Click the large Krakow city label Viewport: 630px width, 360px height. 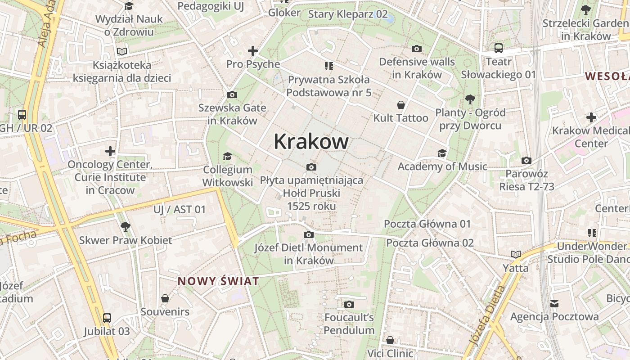pyautogui.click(x=311, y=142)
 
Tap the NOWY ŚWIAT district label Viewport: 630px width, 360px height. pyautogui.click(x=218, y=282)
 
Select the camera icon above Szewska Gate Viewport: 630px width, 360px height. pyautogui.click(x=232, y=94)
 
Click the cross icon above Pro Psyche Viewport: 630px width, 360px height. pyautogui.click(x=253, y=51)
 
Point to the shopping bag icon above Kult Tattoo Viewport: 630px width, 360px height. pyautogui.click(x=400, y=105)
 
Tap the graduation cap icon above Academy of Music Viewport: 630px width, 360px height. pyautogui.click(x=442, y=153)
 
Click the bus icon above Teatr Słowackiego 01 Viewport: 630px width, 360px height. pyautogui.click(x=499, y=48)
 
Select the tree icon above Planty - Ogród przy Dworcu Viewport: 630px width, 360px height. pyautogui.click(x=470, y=99)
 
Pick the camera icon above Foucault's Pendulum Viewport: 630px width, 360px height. pyautogui.click(x=349, y=305)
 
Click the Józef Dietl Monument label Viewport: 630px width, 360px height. pyautogui.click(x=309, y=254)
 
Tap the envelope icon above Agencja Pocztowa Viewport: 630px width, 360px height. pyautogui.click(x=554, y=304)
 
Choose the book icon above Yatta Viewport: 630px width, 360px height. pyautogui.click(x=516, y=255)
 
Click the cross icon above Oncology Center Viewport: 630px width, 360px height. pyautogui.click(x=110, y=151)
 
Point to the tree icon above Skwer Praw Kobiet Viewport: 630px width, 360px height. pyautogui.click(x=126, y=226)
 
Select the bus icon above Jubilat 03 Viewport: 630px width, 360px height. pyautogui.click(x=107, y=318)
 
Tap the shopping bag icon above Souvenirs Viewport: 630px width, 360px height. pyautogui.click(x=165, y=298)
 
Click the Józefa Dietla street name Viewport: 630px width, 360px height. pyautogui.click(x=487, y=315)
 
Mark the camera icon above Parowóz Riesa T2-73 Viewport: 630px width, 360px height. pyautogui.click(x=526, y=161)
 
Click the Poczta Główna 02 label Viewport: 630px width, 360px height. pyautogui.click(x=430, y=243)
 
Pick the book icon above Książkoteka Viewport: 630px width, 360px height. pyautogui.click(x=122, y=52)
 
